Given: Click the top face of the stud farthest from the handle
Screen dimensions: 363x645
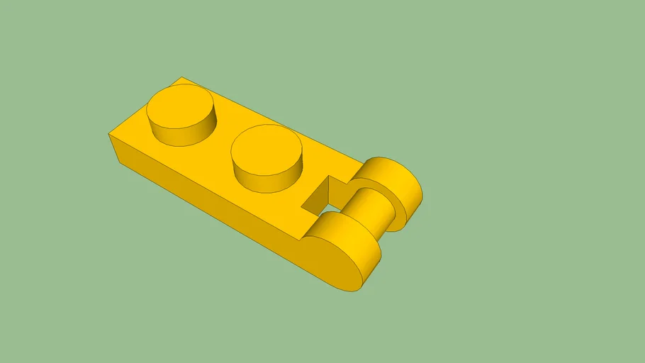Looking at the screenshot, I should pos(180,106).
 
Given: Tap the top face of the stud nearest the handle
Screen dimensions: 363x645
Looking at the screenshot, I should pos(267,147).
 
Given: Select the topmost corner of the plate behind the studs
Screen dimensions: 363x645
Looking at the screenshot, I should pos(181,77).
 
